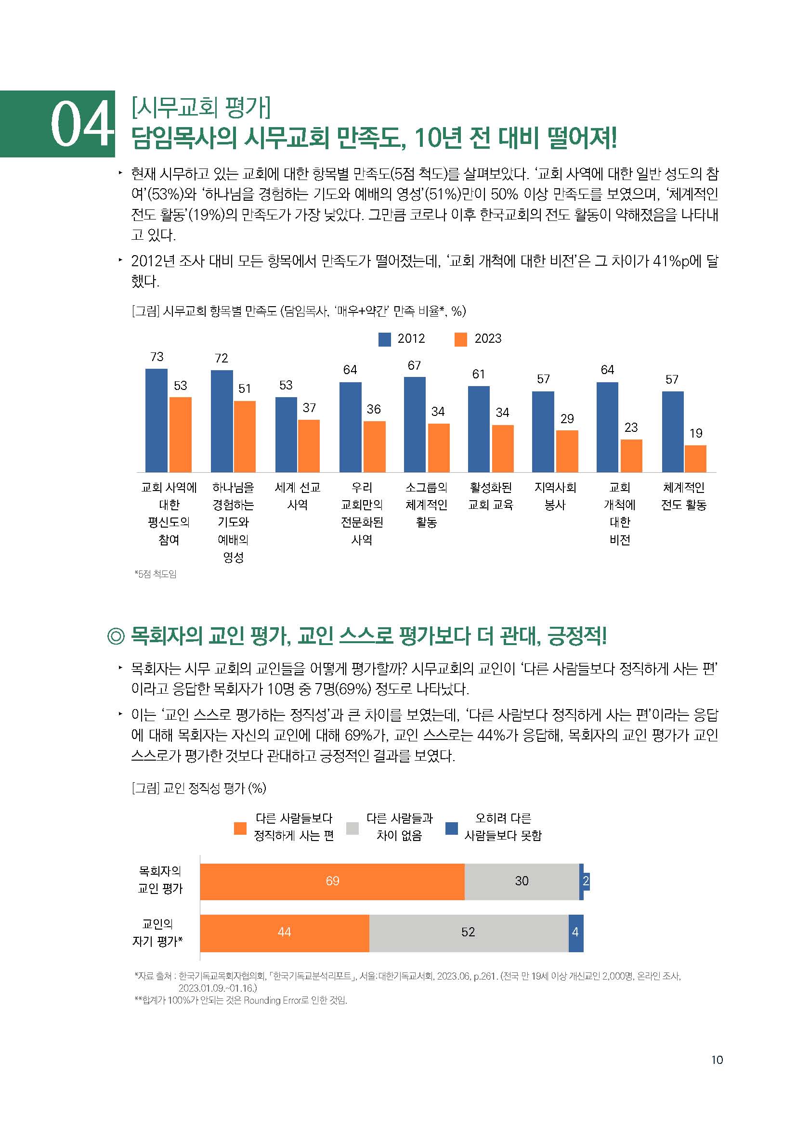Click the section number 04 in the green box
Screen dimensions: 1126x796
click(81, 125)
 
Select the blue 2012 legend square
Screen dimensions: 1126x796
click(384, 339)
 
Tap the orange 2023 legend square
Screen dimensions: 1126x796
click(460, 339)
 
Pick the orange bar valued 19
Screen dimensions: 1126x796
click(695, 459)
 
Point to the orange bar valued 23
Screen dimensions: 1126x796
click(631, 455)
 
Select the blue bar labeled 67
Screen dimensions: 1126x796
click(415, 424)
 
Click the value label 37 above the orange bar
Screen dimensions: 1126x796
click(309, 408)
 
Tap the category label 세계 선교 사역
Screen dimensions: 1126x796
click(297, 496)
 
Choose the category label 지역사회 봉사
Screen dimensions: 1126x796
click(555, 496)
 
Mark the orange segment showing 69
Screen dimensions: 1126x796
click(332, 881)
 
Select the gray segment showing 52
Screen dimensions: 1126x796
click(469, 932)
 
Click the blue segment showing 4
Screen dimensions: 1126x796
click(575, 932)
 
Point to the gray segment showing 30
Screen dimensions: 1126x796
click(522, 881)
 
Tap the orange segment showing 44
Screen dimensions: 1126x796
click(284, 932)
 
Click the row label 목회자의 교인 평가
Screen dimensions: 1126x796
click(160, 880)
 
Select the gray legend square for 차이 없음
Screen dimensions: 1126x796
click(352, 828)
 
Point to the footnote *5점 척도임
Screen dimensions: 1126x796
click(156, 574)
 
